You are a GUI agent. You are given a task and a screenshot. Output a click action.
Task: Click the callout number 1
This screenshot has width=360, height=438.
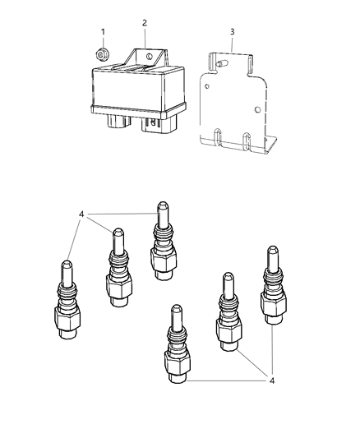pyautogui.click(x=103, y=31)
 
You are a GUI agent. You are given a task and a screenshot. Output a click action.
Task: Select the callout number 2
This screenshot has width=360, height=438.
pyautogui.click(x=145, y=22)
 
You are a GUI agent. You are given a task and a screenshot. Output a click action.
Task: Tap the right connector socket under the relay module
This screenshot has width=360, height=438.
pyautogui.click(x=155, y=124)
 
